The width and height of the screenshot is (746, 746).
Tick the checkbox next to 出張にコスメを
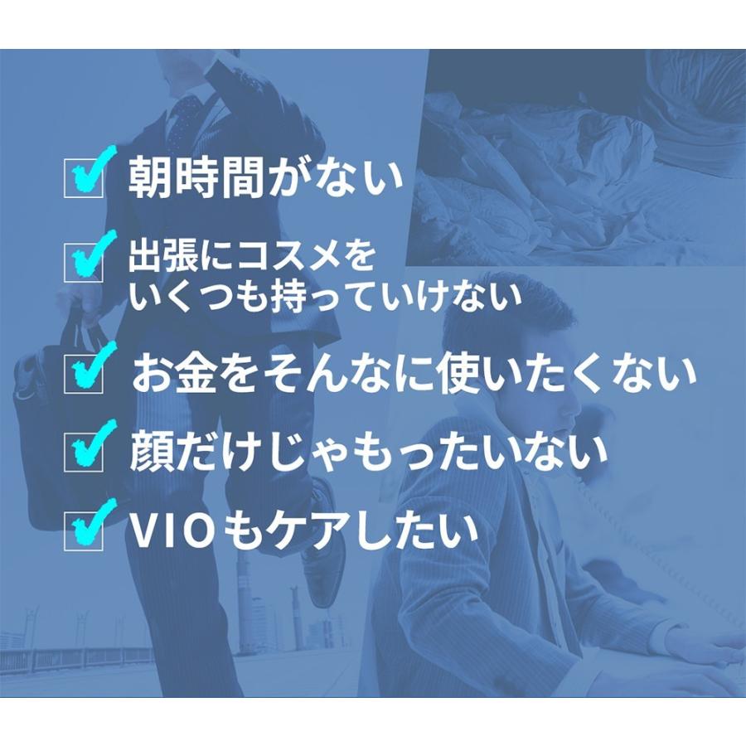pyautogui.click(x=84, y=264)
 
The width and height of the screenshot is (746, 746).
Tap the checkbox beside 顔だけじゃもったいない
pyautogui.click(x=84, y=452)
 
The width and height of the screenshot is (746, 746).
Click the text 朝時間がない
pyautogui.click(x=264, y=177)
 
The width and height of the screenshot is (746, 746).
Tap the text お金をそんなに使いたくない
pyautogui.click(x=414, y=375)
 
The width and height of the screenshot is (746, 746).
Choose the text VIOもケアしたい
pyautogui.click(x=303, y=531)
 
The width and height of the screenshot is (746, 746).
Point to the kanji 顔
pyautogui.click(x=149, y=452)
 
